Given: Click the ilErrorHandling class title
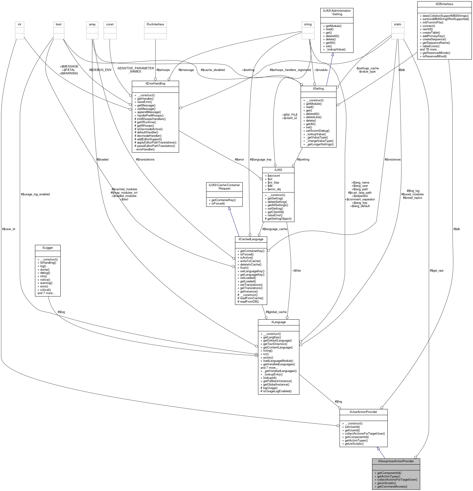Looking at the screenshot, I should [155, 83].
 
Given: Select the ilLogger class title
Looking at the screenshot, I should [48, 248].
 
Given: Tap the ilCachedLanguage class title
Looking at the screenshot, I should [251, 239].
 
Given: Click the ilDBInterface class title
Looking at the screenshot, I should [444, 4].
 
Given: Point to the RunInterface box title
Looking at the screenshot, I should [155, 24].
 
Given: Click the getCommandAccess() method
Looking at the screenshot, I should [388, 486].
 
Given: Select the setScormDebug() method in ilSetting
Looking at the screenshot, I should [316, 131].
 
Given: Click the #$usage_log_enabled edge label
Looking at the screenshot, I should [35, 194].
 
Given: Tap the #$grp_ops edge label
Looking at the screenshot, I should [436, 271].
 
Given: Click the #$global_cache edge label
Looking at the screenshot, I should [276, 312].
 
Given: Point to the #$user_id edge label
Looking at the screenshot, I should [9, 229].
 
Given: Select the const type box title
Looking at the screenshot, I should [110, 24].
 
